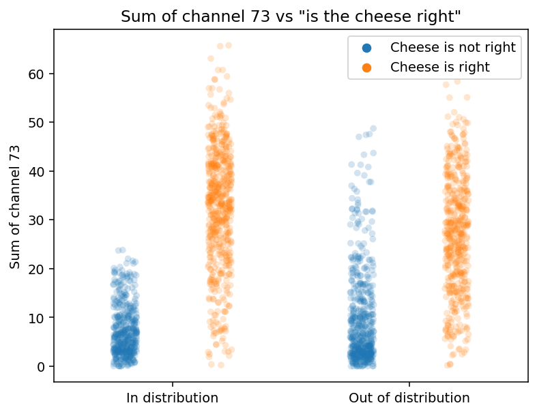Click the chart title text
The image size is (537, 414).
click(x=291, y=17)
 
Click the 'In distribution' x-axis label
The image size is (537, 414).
click(x=173, y=398)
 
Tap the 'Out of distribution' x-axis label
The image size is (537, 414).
click(x=409, y=398)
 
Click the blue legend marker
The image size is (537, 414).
click(x=366, y=48)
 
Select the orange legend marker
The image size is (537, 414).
click(x=366, y=68)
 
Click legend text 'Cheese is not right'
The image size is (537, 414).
click(x=453, y=48)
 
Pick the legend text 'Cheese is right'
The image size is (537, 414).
click(x=440, y=68)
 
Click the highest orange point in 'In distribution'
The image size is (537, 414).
click(x=229, y=46)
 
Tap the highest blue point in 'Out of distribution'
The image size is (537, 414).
click(x=373, y=128)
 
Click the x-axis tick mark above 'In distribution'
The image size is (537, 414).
click(x=173, y=385)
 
